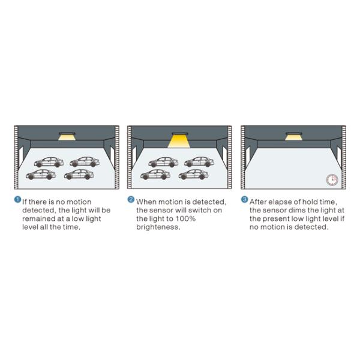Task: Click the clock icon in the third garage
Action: coord(332,179)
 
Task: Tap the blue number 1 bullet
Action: coord(17,200)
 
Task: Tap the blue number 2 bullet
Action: coord(131,200)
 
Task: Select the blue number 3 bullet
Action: coord(245,200)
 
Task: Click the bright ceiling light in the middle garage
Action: coord(179,140)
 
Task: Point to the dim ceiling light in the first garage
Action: coord(67,136)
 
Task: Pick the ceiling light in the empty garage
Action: coord(293,136)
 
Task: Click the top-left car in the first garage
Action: coord(49,162)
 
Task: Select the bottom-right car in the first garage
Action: coord(79,175)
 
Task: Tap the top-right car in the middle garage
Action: coord(199,162)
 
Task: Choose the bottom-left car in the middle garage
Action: coord(155,175)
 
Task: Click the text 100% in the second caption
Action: coord(185,218)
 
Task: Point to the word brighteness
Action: coord(158,227)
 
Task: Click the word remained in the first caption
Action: coord(38,218)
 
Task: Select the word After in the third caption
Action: coord(258,202)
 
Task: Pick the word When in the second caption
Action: coord(146,202)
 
